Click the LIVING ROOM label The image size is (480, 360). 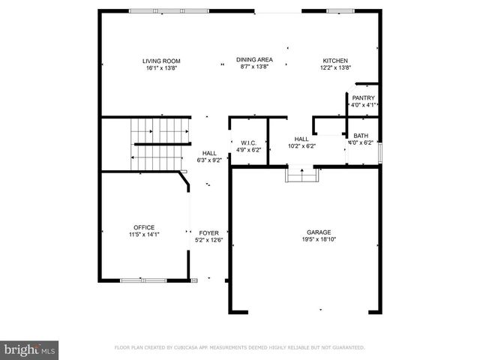click(162, 61)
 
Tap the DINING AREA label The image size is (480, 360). click(254, 59)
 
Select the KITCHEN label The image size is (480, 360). click(335, 61)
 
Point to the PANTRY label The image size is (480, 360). click(363, 97)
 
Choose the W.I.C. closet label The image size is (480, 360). click(248, 142)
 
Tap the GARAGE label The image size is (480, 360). click(318, 232)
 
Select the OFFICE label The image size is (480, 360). click(144, 227)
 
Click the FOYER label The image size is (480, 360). click(208, 233)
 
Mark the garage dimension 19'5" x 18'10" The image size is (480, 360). click(318, 240)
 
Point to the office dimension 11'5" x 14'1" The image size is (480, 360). click(144, 235)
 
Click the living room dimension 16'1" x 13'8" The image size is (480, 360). click(162, 67)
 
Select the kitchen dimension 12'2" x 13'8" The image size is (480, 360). click(335, 67)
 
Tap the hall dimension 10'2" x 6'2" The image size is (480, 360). click(301, 145)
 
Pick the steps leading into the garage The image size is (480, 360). click(302, 175)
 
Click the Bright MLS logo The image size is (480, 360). click(30, 349)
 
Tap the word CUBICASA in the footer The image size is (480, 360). click(193, 348)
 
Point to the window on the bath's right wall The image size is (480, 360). click(380, 151)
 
